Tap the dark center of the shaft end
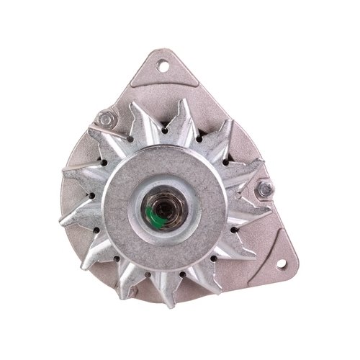pos(166,210)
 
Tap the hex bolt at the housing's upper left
pos(107,118)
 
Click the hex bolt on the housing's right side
pos(265,189)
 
